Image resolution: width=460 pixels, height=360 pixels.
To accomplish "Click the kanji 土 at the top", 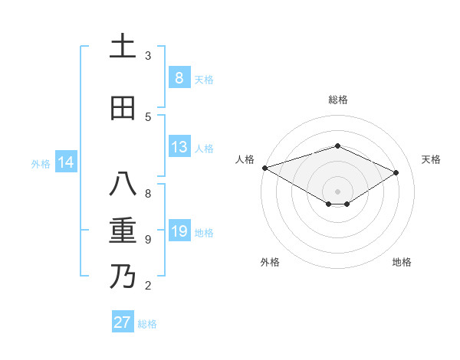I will coord(123,46).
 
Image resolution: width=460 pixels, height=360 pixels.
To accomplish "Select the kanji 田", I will coord(123,108).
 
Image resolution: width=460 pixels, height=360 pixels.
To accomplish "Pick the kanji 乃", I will coord(123,276).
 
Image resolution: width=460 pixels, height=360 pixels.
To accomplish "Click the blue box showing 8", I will coord(179,77).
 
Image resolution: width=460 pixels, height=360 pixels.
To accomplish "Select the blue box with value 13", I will coord(179,147).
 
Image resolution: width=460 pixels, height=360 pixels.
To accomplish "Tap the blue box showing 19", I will coord(179,231).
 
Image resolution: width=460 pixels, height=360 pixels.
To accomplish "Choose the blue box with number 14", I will coord(66,162).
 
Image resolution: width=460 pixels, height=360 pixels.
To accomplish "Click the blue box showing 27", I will coord(123,322).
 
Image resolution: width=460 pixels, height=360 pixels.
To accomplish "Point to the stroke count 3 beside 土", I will coord(148,56).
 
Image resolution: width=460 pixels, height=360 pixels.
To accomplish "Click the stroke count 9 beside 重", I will coord(148,240).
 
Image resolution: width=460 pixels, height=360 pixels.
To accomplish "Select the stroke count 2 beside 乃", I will coord(148,286).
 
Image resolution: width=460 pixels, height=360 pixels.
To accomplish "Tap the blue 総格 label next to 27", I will coord(147,324).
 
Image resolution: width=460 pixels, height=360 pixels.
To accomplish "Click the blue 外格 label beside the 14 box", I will coord(40,163).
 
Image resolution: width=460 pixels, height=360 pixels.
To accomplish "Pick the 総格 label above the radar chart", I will coord(338,100).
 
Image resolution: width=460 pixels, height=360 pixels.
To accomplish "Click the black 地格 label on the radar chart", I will coord(402,262).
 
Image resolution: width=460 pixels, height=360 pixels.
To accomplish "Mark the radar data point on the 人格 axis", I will coord(264,168).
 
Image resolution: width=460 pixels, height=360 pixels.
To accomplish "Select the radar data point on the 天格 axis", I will coord(396,172).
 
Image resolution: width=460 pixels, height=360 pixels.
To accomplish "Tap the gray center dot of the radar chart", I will coord(337,191).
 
